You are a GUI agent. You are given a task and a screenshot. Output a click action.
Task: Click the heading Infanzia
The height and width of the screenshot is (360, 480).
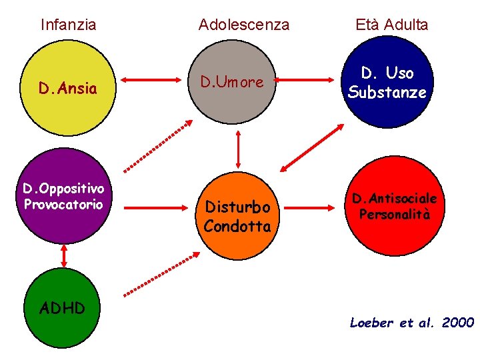coord(68,25)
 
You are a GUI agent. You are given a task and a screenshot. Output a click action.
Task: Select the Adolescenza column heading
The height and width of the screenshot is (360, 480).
coord(244,25)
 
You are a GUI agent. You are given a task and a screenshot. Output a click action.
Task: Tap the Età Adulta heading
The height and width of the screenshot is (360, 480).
coord(392,25)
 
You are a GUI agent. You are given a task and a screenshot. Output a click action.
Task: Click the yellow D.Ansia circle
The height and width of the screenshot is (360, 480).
coord(68,88)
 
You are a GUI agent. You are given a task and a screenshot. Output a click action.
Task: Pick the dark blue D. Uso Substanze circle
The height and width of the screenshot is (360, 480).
coord(387,83)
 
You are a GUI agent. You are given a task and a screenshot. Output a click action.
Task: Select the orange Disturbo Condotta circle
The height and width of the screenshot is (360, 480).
coord(237,217)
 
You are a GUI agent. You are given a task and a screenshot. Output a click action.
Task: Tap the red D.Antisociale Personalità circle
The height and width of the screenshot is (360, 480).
coord(395,207)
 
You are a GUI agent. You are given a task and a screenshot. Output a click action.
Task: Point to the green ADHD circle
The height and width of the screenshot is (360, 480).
coord(63,307)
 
